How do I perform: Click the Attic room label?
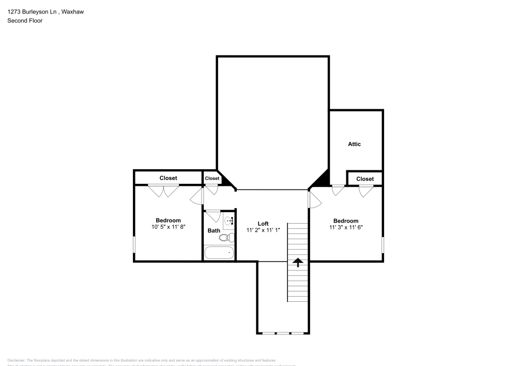354,144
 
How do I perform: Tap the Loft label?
263,224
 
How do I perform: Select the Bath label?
214,230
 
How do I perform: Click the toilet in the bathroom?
227,238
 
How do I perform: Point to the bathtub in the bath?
219,253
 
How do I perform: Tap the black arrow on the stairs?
298,262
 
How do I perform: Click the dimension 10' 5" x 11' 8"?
168,227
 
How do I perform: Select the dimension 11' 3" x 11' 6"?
345,227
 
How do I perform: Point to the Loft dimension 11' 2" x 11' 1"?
263,230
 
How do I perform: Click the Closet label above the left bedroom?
168,178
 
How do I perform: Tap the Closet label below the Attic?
365,179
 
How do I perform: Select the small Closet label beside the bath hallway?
212,179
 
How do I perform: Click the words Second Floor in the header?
25,21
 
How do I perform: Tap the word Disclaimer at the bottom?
17,360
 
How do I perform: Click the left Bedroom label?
168,221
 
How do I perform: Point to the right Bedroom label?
345,221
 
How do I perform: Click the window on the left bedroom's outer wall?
134,245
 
